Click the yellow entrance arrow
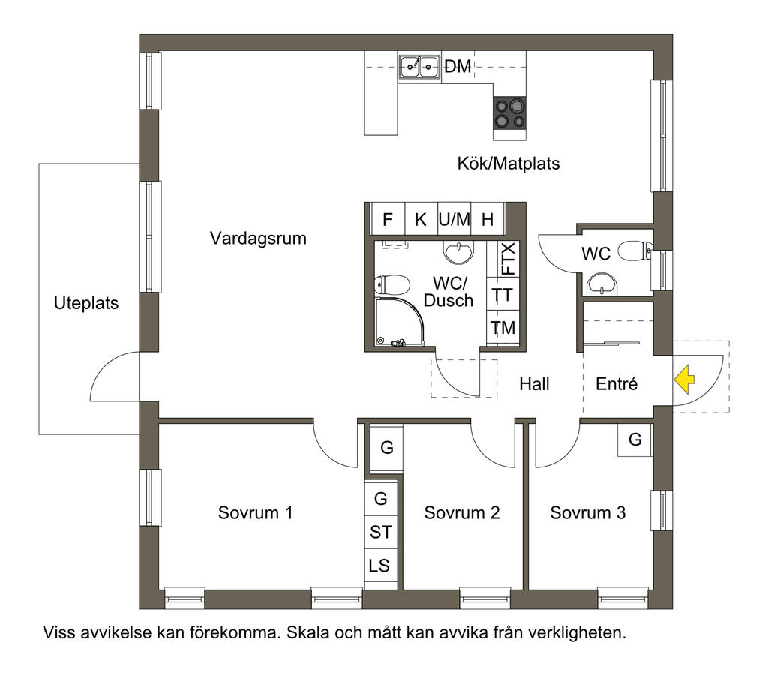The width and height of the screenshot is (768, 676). [684, 380]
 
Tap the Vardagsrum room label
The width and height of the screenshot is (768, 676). [258, 239]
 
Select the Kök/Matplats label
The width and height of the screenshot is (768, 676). [508, 163]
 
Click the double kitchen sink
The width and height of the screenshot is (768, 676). [418, 67]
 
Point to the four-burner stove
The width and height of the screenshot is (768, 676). [509, 113]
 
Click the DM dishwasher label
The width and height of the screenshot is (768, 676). [457, 66]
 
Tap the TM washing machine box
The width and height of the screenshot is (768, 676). [503, 327]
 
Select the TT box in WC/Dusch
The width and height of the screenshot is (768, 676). [503, 294]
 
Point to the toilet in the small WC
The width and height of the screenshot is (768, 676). [635, 251]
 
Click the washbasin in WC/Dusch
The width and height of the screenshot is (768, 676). [459, 251]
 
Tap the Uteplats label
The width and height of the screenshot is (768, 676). [86, 303]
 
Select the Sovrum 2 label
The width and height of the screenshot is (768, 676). [462, 513]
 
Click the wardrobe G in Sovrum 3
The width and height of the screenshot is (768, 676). [634, 440]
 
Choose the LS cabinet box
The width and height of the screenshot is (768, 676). [380, 566]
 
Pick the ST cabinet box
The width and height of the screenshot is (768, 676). [380, 532]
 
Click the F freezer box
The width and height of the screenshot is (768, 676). [388, 219]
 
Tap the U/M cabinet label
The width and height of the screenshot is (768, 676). [454, 219]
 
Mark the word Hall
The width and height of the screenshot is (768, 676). [534, 384]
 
